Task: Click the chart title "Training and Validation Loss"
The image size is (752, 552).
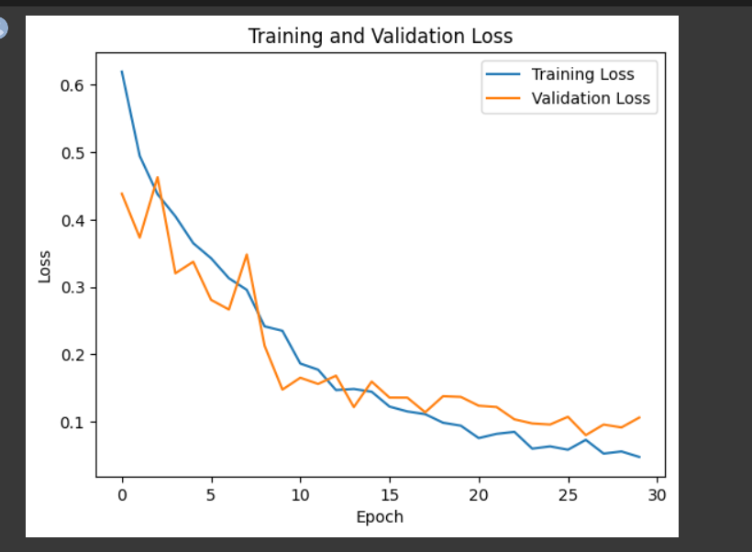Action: [380, 37]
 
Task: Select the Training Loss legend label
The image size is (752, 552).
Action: [582, 74]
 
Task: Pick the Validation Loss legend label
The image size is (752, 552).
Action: [591, 98]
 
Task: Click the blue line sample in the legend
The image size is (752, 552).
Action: [504, 74]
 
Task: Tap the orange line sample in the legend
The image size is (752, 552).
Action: [504, 98]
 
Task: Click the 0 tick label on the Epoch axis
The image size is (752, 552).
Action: [122, 495]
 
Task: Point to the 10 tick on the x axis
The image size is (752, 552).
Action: [300, 495]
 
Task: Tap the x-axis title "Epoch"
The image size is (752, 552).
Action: [380, 517]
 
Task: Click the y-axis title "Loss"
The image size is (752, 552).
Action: [45, 266]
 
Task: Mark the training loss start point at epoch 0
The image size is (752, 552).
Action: [122, 72]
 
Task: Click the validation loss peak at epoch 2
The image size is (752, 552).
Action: [158, 177]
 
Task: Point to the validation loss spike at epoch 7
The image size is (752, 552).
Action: [247, 254]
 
